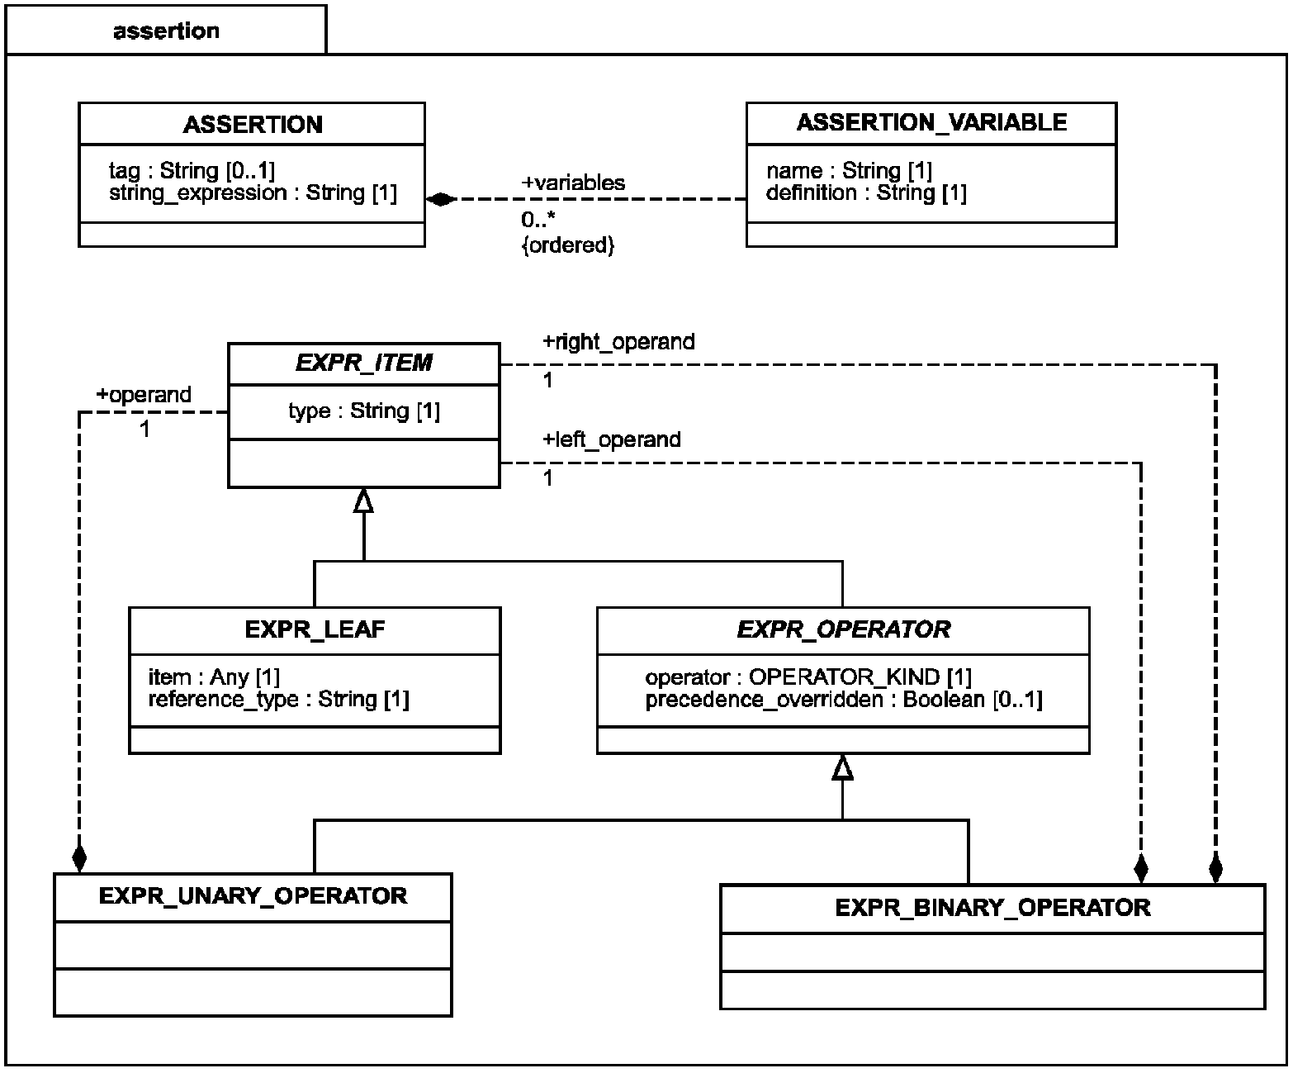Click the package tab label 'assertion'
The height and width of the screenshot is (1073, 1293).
click(x=166, y=31)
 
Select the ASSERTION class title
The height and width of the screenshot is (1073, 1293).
click(x=253, y=125)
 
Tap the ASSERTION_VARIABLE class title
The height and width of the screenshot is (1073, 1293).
click(x=931, y=122)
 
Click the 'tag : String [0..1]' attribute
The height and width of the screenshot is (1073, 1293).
click(x=192, y=170)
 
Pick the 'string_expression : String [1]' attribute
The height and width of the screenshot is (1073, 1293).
click(x=253, y=192)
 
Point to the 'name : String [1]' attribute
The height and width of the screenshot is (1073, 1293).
click(x=849, y=170)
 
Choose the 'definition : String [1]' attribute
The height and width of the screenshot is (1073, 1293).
click(x=866, y=192)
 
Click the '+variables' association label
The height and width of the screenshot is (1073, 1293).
click(x=573, y=183)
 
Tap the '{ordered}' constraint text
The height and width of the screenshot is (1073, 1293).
click(x=568, y=245)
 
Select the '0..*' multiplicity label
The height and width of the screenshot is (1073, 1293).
click(x=538, y=220)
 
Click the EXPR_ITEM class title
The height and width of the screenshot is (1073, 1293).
click(x=364, y=363)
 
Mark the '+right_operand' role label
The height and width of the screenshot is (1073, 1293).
click(x=618, y=342)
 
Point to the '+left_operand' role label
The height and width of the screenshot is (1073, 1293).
click(x=612, y=439)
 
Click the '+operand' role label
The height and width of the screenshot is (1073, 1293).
click(x=144, y=395)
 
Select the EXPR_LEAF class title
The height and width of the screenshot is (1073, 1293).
click(x=315, y=629)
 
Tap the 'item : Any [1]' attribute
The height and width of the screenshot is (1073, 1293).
click(x=215, y=677)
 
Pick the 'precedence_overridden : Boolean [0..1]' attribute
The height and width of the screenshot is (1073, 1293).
click(x=844, y=700)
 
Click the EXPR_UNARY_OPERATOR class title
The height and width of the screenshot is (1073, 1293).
click(x=253, y=895)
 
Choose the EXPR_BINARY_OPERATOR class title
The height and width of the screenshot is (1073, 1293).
click(x=992, y=908)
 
